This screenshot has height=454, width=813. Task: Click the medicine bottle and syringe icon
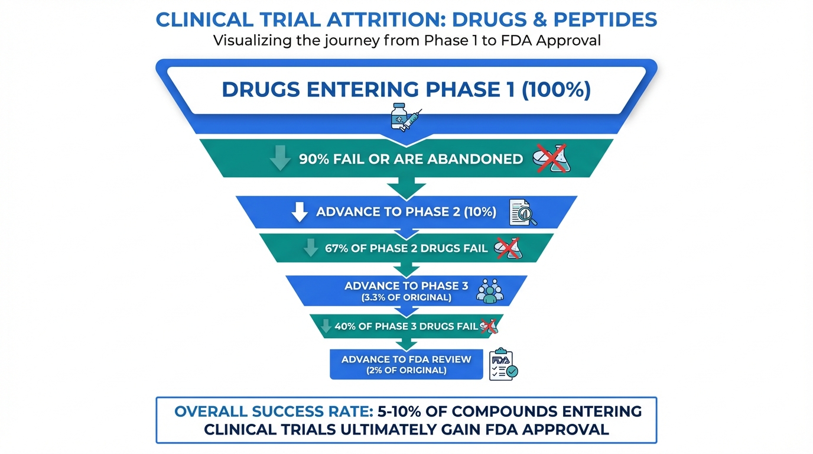(x=405, y=116)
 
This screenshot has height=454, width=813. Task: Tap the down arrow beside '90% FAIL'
(x=279, y=159)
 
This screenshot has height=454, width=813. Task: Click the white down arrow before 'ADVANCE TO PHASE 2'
(x=300, y=212)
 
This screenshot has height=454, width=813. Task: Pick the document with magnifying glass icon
(x=523, y=212)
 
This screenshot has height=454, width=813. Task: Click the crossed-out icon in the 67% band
(x=508, y=248)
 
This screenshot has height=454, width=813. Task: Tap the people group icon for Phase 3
(x=490, y=291)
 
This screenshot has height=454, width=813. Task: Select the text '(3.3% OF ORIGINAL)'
(x=406, y=297)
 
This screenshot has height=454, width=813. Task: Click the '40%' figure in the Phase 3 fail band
(x=344, y=326)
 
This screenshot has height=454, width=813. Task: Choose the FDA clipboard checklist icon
(x=503, y=364)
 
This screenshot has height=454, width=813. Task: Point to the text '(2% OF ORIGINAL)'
(x=406, y=371)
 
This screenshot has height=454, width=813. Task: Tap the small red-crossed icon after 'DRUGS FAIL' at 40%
(x=488, y=326)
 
